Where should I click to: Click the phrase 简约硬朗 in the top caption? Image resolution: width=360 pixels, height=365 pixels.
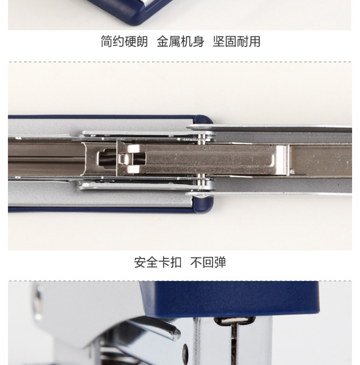(124, 41)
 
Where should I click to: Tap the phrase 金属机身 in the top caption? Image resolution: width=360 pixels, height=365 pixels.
(181, 41)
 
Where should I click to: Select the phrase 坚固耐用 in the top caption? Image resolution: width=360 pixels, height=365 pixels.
(237, 41)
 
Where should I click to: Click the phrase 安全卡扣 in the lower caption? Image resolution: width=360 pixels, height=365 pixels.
(158, 262)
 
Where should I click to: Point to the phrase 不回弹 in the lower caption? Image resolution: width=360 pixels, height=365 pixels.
(208, 262)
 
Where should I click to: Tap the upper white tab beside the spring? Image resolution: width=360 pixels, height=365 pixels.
(133, 149)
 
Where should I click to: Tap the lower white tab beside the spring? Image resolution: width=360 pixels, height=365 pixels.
(133, 169)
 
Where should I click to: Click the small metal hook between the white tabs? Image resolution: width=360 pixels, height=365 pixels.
(123, 159)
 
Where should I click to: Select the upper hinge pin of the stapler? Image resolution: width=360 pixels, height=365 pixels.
(203, 138)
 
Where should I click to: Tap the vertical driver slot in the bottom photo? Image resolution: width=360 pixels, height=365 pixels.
(234, 345)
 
